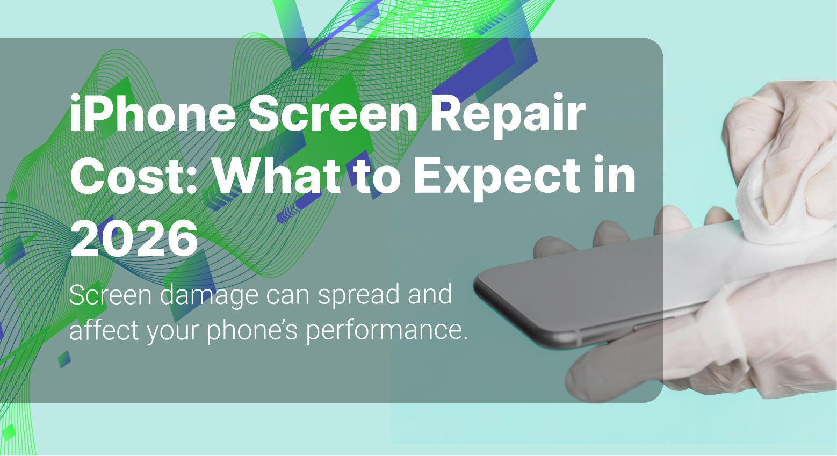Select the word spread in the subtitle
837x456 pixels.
tap(355, 295)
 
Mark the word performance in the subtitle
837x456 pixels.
tap(387, 329)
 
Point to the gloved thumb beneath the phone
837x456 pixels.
tap(607, 371)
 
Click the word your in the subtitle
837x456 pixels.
tap(173, 329)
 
